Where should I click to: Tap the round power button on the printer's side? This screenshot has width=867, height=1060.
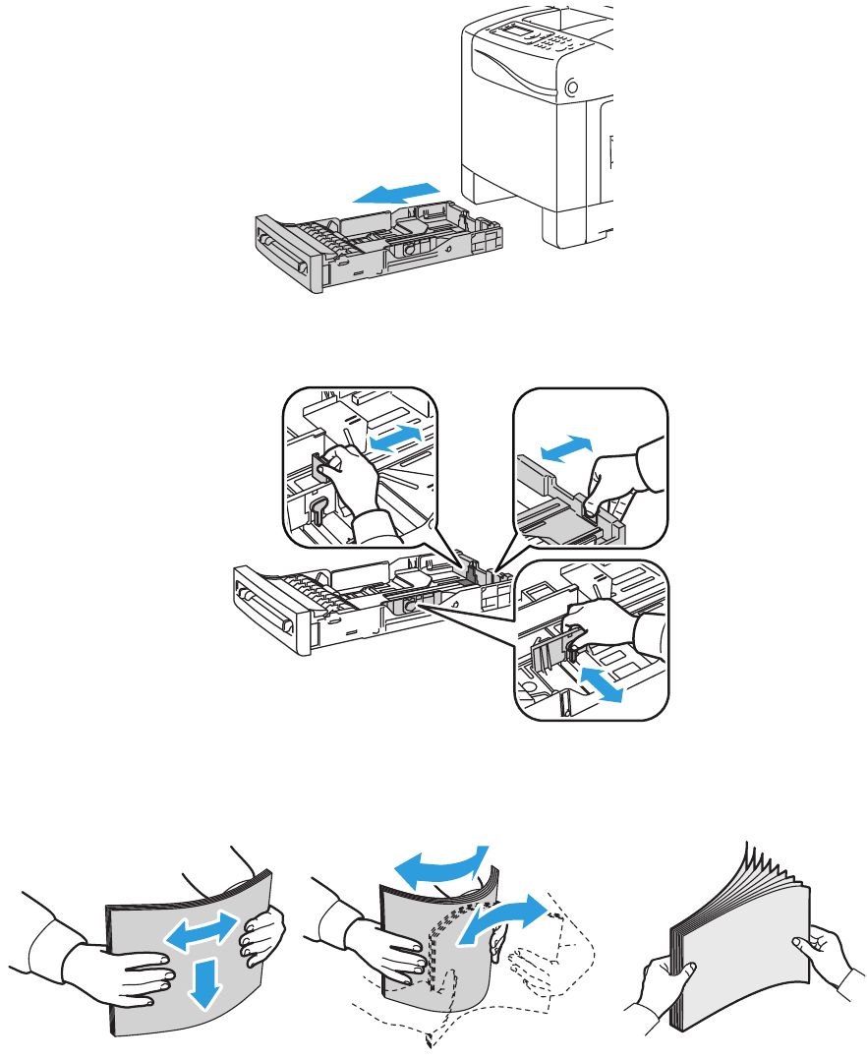click(572, 88)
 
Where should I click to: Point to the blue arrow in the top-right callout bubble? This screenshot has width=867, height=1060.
click(567, 447)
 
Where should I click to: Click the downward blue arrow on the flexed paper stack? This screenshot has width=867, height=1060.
click(202, 981)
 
